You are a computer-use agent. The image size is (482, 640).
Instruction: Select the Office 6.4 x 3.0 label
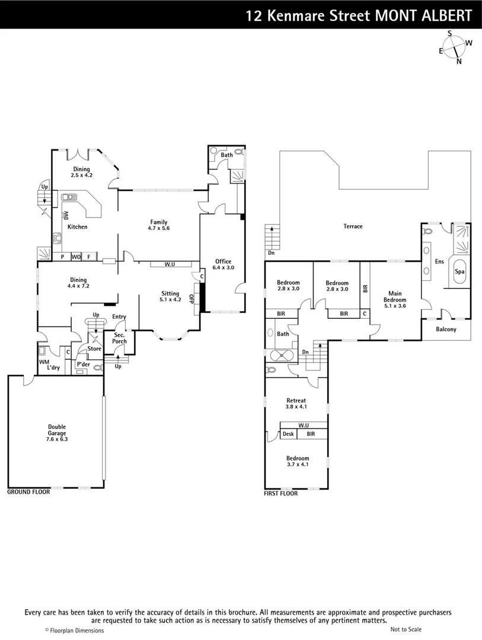tap(223, 264)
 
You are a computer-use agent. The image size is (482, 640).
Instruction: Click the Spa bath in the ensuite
tap(459, 271)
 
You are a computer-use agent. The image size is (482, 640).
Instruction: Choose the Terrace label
tap(352, 226)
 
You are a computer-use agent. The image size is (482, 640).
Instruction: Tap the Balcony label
tap(446, 329)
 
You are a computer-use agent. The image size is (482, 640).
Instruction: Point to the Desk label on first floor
tap(288, 434)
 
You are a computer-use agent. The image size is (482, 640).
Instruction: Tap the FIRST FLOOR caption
tap(281, 493)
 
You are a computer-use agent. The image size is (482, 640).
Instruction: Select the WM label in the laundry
tap(44, 361)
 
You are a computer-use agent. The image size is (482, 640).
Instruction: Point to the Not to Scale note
tap(406, 629)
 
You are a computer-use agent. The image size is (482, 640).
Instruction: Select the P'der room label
tap(82, 364)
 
